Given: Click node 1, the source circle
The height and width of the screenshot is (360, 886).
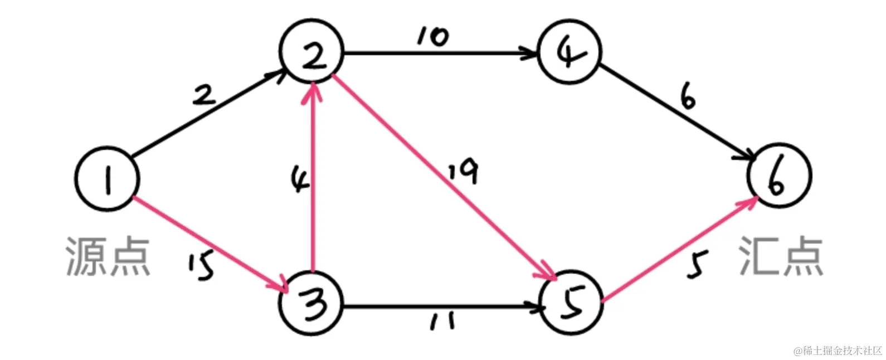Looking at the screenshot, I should coord(106,179).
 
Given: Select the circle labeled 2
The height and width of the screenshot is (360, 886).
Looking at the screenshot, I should coord(312,53).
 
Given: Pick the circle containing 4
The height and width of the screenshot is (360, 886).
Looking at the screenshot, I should coord(569,52).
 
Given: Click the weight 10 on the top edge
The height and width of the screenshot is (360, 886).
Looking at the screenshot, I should coord(432,37).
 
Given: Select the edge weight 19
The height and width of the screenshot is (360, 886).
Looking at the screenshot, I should coord(464,172).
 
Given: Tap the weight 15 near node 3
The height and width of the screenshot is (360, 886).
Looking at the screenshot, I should coord(201,266).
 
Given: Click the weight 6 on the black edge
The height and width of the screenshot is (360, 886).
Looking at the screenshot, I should coord(688,99).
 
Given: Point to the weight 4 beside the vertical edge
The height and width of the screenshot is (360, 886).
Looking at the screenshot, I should coord(300,181).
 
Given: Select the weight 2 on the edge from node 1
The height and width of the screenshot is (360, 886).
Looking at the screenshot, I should coord(204,96).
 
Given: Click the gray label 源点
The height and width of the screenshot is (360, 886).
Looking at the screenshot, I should coord(108,256).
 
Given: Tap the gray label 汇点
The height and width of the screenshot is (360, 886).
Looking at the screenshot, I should coord(781,256).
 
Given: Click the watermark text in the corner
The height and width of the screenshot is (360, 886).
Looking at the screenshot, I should coord(838,351).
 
